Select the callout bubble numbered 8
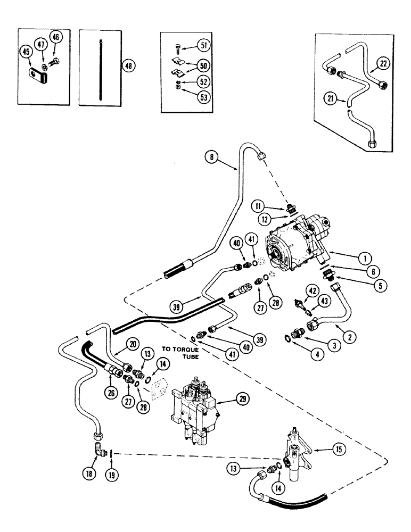pyautogui.click(x=213, y=156)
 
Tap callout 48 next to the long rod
pyautogui.click(x=128, y=65)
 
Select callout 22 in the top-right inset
pyautogui.click(x=384, y=64)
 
